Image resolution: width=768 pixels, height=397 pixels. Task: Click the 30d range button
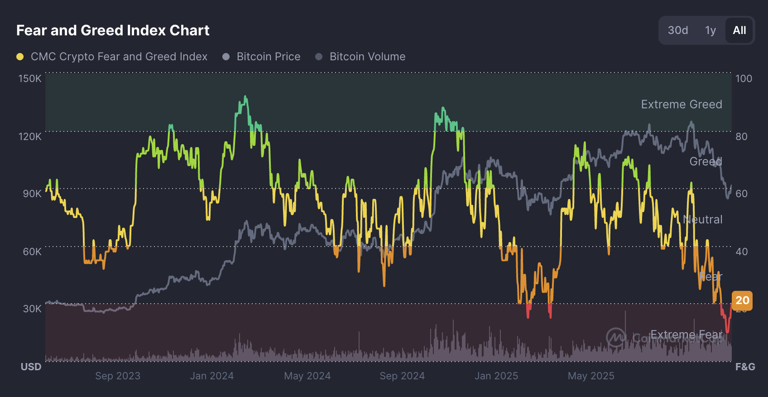point(678,30)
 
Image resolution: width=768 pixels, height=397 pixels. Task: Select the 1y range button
point(710,30)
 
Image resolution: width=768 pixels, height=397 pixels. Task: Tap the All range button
point(739,30)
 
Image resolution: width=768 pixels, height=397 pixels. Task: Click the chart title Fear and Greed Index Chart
point(113,30)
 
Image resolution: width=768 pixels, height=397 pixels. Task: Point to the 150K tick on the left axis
point(30,78)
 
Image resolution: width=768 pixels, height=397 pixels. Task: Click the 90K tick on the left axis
point(32,194)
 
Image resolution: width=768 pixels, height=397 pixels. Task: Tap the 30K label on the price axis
point(32,309)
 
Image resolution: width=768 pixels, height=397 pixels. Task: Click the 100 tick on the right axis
point(744,78)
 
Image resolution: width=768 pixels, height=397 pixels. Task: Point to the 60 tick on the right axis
point(741,194)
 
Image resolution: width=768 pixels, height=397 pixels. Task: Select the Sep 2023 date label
point(118,376)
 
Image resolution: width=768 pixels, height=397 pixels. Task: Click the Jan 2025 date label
point(496,376)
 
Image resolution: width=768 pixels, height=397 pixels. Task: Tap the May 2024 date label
point(307,376)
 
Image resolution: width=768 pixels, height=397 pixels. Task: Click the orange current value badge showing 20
point(742,300)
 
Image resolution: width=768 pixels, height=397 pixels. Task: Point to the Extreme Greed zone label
point(682,104)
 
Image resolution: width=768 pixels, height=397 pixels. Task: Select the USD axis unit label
point(31,367)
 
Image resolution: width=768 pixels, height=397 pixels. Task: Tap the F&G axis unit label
point(745,367)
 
